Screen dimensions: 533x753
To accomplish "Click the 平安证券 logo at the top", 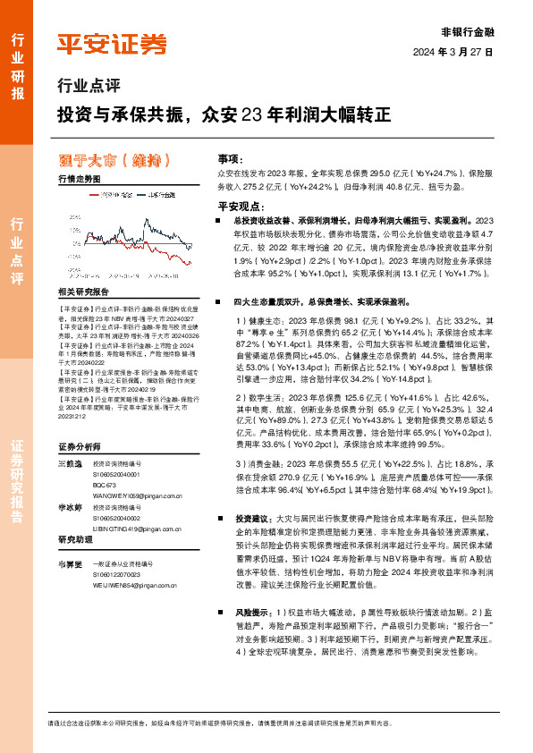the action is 112,43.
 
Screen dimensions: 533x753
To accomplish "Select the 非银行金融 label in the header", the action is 468,32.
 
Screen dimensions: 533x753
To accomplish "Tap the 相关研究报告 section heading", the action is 83,292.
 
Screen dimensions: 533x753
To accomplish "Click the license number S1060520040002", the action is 121,518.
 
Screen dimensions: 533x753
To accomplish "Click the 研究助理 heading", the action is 75,540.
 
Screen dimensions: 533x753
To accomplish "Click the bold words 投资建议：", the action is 253,519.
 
